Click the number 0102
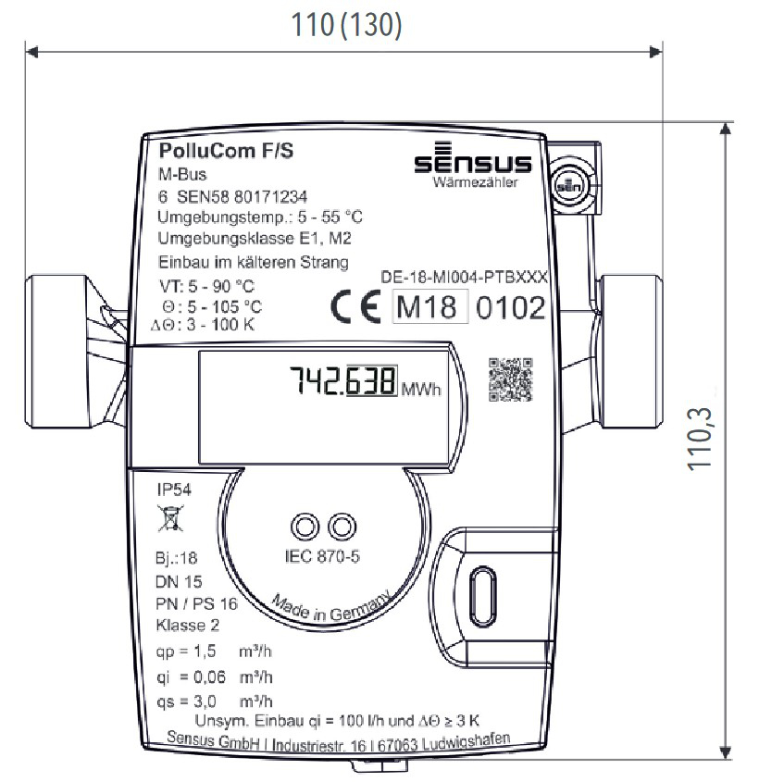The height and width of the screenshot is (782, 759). (x=510, y=308)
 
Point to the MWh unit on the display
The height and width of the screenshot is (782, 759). (x=421, y=390)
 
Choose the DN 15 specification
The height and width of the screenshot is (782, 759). (x=179, y=582)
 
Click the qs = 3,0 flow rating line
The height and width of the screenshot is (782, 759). (x=214, y=701)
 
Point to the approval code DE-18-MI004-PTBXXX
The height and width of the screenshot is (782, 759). (x=466, y=277)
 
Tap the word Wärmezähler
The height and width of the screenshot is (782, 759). (x=476, y=182)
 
